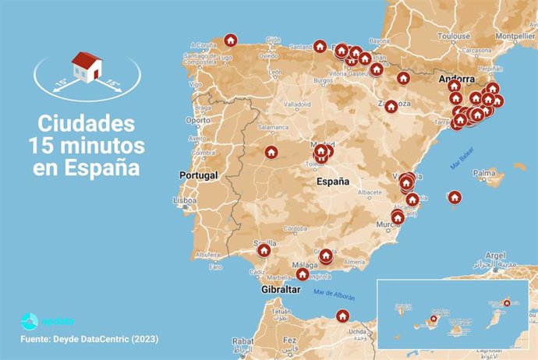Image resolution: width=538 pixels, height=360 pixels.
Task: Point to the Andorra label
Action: click(457, 79)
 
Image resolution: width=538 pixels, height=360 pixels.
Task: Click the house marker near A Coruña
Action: click(230, 40)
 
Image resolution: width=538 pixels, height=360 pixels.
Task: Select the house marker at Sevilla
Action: click(264, 250)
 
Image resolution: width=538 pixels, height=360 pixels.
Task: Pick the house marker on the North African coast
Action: click(342, 316)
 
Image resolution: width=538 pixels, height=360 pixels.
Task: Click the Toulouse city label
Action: click(454, 36)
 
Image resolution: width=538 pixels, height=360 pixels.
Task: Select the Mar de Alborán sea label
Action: click(333, 295)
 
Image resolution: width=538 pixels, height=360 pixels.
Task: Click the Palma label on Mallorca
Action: click(484, 173)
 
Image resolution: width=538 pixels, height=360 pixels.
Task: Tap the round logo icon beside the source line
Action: click(29, 320)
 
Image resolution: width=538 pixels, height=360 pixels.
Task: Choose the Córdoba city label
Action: click(295, 228)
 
